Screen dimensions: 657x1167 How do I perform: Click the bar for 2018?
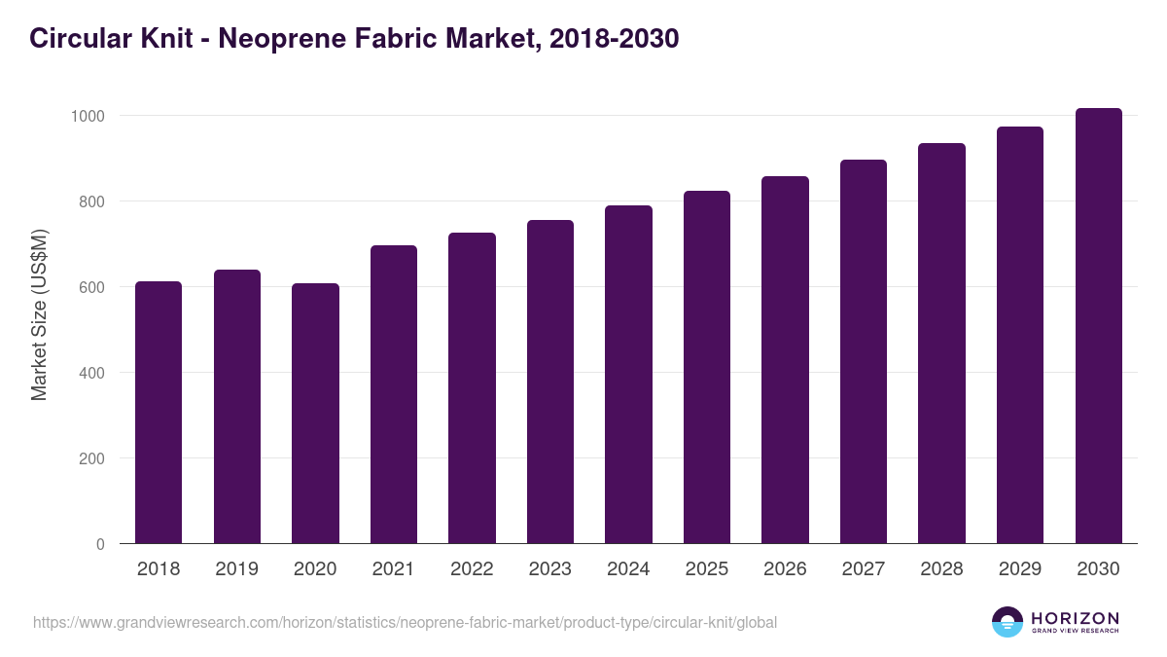pyautogui.click(x=159, y=413)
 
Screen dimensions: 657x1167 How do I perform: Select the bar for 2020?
pyautogui.click(x=315, y=414)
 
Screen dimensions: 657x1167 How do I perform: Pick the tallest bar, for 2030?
pyautogui.click(x=1098, y=326)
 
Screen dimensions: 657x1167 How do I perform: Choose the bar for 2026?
pyautogui.click(x=785, y=360)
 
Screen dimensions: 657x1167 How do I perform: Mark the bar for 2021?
pyautogui.click(x=394, y=394)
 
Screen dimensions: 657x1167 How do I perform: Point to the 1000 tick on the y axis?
pyautogui.click(x=88, y=116)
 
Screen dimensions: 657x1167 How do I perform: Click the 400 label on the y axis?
pyautogui.click(x=91, y=373)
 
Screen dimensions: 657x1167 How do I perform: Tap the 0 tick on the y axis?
pyautogui.click(x=99, y=544)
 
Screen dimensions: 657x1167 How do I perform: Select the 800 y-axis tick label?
pyautogui.click(x=91, y=201)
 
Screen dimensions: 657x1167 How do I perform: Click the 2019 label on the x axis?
pyautogui.click(x=236, y=569)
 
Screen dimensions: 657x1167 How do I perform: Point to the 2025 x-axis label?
pyautogui.click(x=706, y=569)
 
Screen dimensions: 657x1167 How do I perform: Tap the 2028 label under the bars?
pyautogui.click(x=941, y=569)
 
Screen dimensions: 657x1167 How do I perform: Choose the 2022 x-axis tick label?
pyautogui.click(x=472, y=569)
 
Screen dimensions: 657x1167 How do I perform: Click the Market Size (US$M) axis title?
pyautogui.click(x=39, y=313)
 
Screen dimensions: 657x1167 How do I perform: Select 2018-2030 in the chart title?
pyautogui.click(x=613, y=39)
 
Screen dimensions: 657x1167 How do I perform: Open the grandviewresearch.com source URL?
pyautogui.click(x=405, y=622)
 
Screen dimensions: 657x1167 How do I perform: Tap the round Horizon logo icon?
pyautogui.click(x=1008, y=622)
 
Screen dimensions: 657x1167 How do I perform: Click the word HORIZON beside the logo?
pyautogui.click(x=1075, y=617)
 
